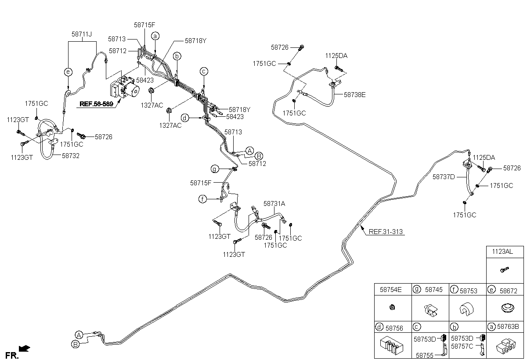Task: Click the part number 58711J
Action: coord(82,34)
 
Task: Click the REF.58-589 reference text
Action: coord(96,104)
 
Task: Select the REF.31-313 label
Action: coord(386,232)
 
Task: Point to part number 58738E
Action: coord(354,95)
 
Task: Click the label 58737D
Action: coord(444,177)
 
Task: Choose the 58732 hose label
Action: coord(71,156)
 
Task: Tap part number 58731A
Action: coord(274,204)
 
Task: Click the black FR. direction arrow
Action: coord(25,348)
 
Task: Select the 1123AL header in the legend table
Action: coord(502,252)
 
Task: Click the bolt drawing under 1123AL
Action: coord(505,270)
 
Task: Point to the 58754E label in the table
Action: coord(390,290)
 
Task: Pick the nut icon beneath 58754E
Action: coord(392,307)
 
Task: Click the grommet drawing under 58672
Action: coord(508,308)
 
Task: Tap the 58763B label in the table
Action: coord(508,327)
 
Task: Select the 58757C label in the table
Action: coord(462,346)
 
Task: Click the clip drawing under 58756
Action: coord(391,346)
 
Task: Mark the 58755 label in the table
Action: coord(425,356)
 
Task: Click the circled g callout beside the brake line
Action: coord(215,169)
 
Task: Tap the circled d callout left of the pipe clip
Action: coord(185,118)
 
